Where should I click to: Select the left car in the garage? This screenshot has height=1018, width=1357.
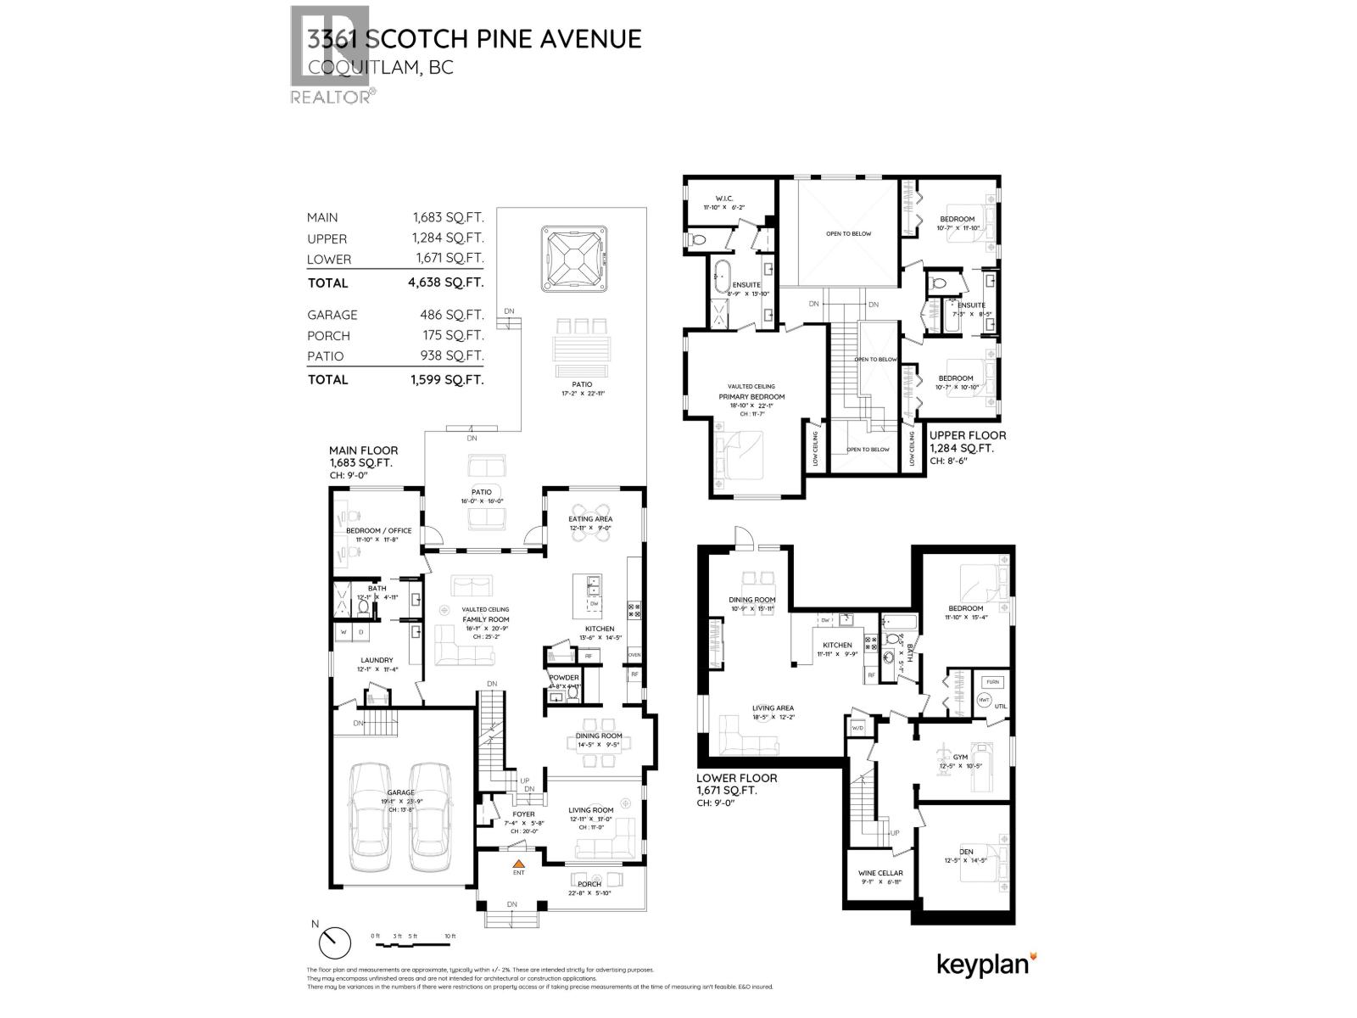369,816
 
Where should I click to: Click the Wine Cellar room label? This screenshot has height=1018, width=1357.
880,873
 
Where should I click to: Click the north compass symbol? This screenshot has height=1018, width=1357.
335,942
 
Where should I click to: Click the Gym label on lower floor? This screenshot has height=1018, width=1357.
960,756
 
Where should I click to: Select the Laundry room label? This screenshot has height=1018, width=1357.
377,660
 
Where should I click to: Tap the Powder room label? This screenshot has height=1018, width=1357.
564,677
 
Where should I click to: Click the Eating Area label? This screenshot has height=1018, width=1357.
591,518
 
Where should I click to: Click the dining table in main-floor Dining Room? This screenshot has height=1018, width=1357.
599,745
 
